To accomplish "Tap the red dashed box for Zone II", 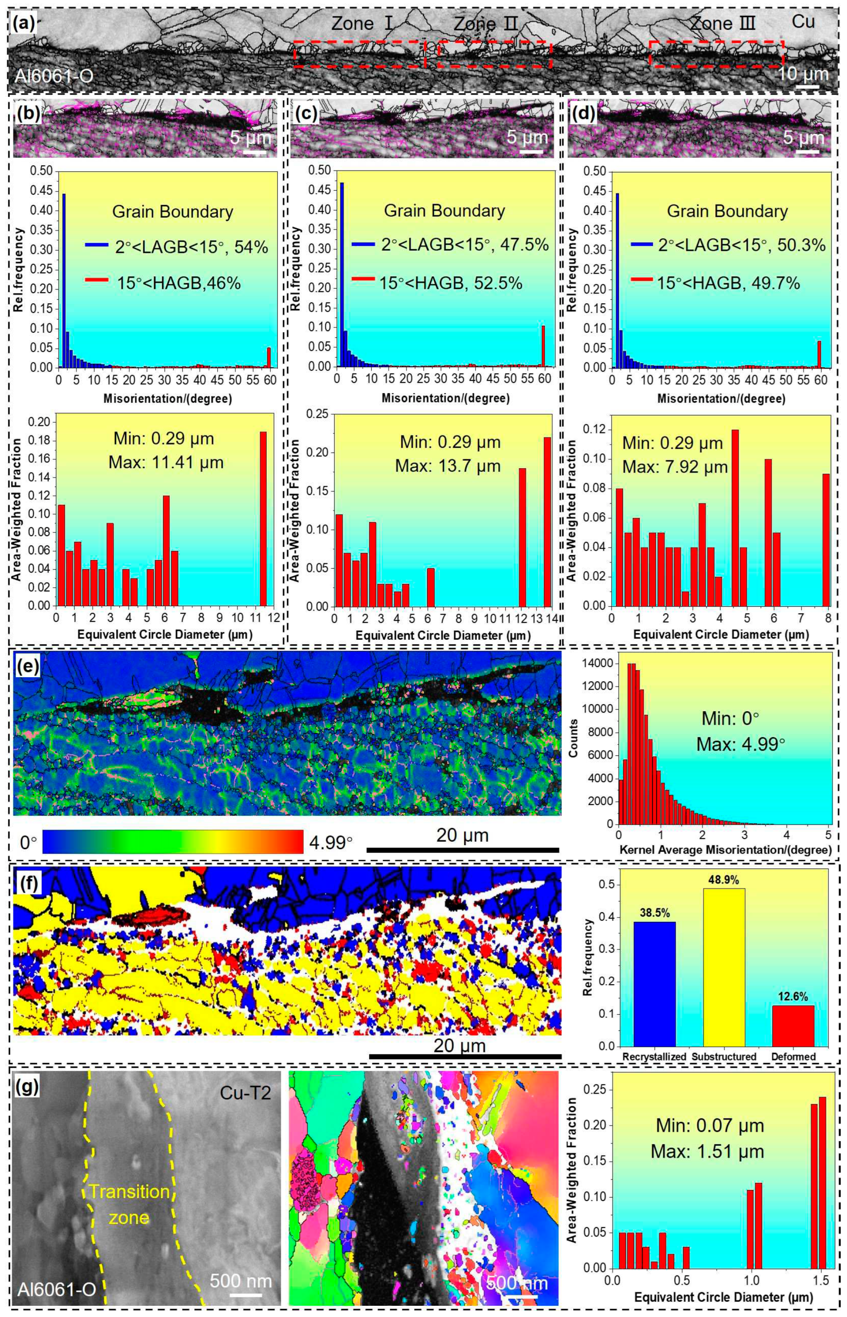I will click(x=494, y=42).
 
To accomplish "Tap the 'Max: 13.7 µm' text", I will click(x=448, y=467).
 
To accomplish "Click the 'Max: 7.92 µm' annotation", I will click(x=675, y=468).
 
